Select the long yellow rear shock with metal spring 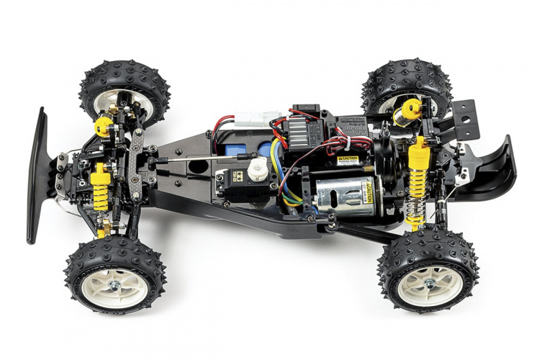pos(417,180)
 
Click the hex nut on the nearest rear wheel pos(429,284)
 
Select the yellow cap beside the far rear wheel pos(411,109)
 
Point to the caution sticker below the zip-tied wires pos(348,161)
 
